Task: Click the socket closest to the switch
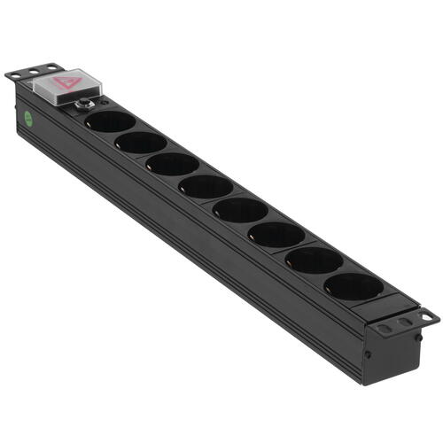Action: (112, 121)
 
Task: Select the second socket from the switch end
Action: (141, 142)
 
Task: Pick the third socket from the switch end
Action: (172, 164)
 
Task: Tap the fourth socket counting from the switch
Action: (205, 186)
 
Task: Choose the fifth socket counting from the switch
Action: (239, 209)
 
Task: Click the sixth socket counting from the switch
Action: (276, 234)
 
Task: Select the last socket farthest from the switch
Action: (354, 286)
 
